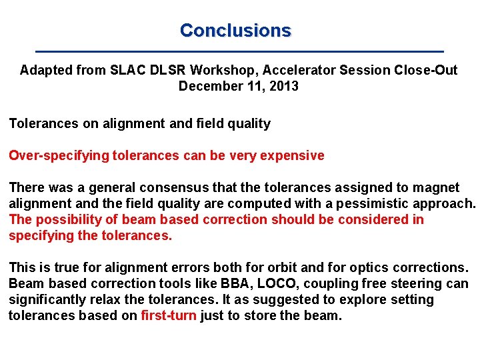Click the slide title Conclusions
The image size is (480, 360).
235,31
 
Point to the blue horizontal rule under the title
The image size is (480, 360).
239,51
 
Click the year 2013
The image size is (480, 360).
284,86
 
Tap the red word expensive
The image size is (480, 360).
294,156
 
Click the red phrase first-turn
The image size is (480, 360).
169,316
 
